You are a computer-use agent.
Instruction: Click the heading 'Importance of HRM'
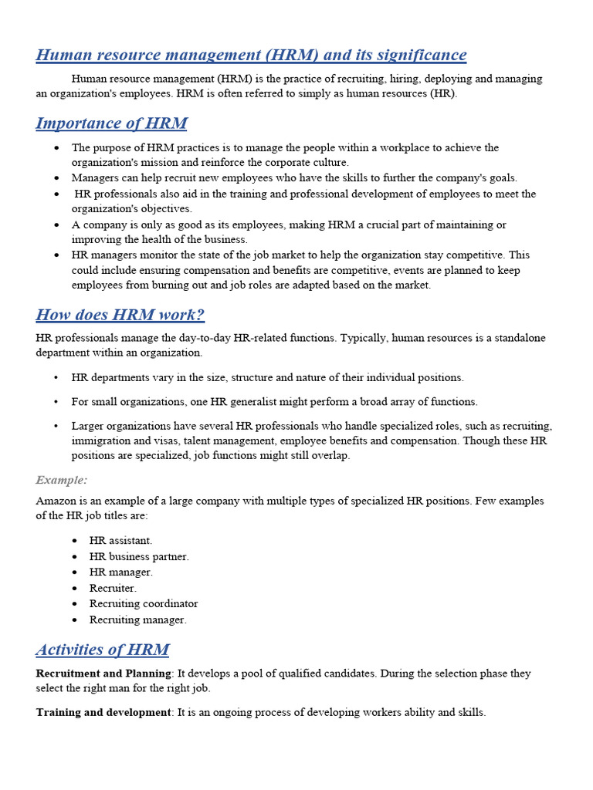(111, 123)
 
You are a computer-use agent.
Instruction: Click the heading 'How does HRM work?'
(120, 315)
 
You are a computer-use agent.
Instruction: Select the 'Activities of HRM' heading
(103, 650)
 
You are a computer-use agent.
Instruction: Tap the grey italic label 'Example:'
(62, 480)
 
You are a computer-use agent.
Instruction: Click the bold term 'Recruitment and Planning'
(103, 674)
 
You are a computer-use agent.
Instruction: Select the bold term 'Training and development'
(103, 712)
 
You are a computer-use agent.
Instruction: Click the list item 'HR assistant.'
(120, 541)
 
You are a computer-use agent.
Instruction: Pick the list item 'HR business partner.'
(139, 556)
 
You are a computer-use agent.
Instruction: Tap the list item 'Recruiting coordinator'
(144, 603)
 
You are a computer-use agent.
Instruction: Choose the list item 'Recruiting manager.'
(138, 620)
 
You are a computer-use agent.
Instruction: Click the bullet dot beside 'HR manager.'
(74, 572)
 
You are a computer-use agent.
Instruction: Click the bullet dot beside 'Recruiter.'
(74, 588)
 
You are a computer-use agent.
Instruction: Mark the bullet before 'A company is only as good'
(57, 225)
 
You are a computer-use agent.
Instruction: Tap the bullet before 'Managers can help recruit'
(57, 177)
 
